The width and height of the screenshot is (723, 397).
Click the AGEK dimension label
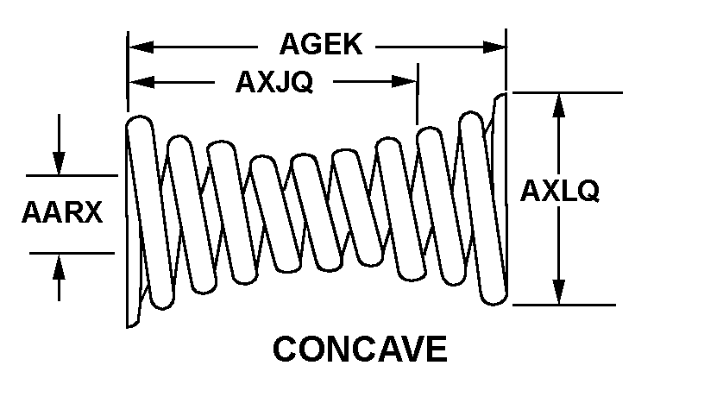click(320, 45)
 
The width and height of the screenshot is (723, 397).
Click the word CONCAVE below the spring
click(360, 350)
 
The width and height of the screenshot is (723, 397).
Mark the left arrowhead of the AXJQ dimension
click(140, 82)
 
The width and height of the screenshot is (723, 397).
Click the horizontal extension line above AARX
click(72, 175)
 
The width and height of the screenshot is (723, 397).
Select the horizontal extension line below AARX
click(72, 253)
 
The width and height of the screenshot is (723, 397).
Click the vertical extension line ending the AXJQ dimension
click(418, 95)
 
